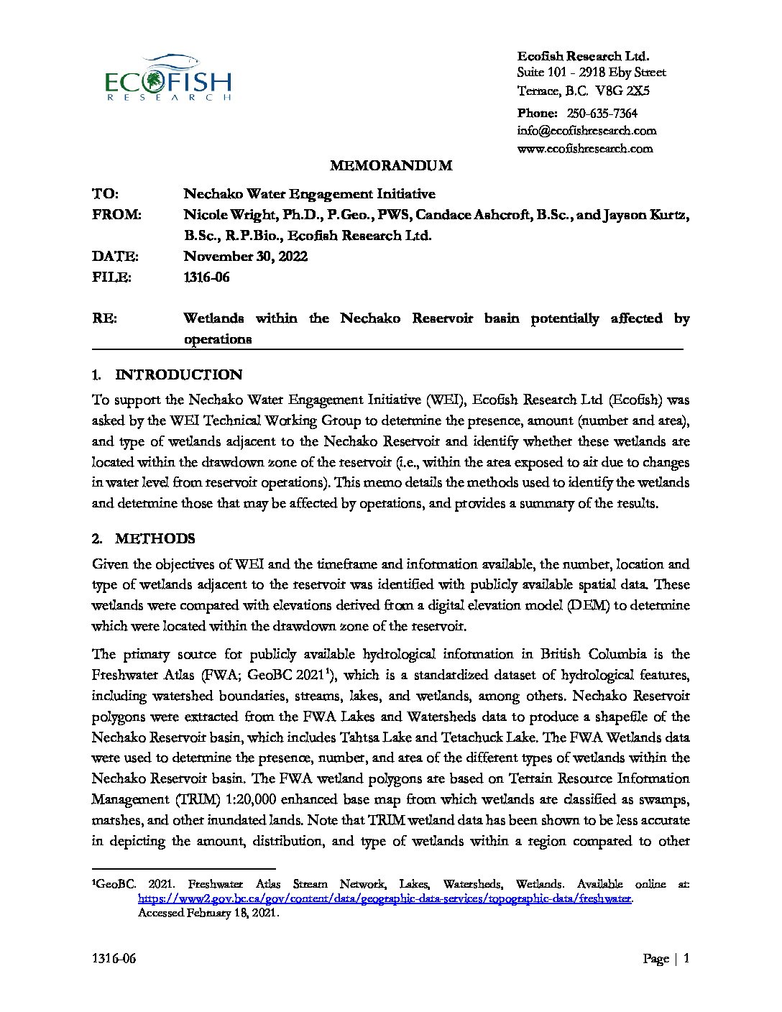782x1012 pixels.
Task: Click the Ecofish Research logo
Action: (168, 78)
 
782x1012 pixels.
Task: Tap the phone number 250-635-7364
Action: (602, 113)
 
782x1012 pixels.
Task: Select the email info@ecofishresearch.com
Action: (586, 131)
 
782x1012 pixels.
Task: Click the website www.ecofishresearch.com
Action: (585, 149)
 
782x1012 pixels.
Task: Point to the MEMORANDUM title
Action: (391, 166)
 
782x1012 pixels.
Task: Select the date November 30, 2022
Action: (246, 257)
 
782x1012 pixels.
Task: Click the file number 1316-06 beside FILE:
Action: (207, 277)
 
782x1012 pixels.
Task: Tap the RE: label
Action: (105, 318)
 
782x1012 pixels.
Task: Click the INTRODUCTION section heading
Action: (178, 374)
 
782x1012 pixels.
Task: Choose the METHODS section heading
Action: (155, 539)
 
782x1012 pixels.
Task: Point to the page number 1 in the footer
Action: (687, 958)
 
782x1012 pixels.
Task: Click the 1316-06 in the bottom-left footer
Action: (114, 959)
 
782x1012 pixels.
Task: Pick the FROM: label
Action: (117, 215)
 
